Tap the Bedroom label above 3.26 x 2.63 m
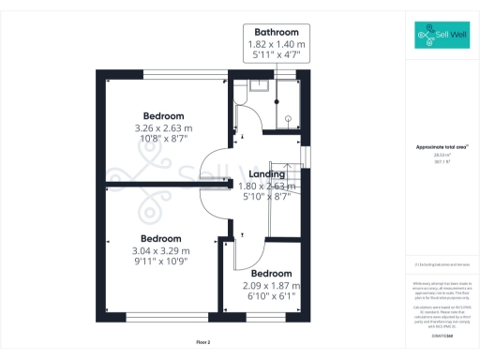click(x=163, y=115)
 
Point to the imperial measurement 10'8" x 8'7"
click(x=163, y=138)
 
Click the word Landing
click(x=268, y=174)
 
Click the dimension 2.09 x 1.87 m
click(x=269, y=285)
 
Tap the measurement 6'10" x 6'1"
click(x=269, y=296)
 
